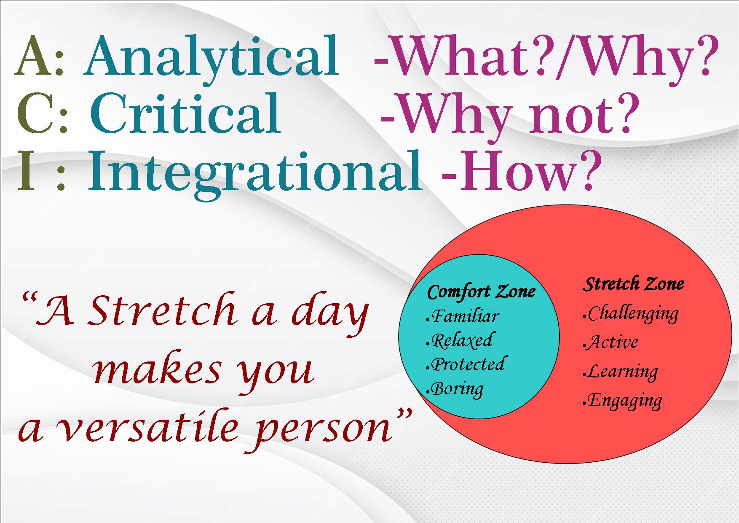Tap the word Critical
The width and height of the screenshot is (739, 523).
185,113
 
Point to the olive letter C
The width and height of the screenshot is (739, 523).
35,113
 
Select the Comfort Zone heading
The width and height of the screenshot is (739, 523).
481,291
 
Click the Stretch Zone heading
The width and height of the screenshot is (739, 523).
633,283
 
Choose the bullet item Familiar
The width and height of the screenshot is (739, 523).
463,316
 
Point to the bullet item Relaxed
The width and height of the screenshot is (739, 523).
460,340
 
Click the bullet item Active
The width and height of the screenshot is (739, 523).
610,342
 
